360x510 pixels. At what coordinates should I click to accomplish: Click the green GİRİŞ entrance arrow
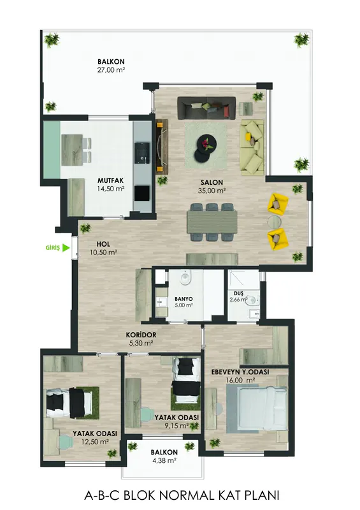click(x=66, y=248)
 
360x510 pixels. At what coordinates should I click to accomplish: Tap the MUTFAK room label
click(x=111, y=180)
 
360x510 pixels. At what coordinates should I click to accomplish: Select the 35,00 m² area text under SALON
click(x=212, y=191)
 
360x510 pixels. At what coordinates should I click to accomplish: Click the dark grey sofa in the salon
click(x=206, y=108)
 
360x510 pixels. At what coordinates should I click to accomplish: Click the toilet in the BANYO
click(x=185, y=279)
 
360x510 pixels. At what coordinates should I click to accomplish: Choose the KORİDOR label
click(x=141, y=335)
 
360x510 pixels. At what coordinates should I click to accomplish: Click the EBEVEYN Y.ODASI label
click(x=240, y=372)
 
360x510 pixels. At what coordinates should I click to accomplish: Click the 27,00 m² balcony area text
click(x=112, y=69)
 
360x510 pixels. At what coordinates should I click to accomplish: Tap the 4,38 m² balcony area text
click(x=164, y=460)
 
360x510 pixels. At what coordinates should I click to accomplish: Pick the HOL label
click(x=103, y=244)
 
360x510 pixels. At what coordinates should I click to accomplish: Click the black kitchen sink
click(x=143, y=152)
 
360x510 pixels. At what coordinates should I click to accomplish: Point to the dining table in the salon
click(x=212, y=222)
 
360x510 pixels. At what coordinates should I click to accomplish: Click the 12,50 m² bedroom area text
click(x=95, y=442)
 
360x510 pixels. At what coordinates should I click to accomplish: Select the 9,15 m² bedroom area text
click(x=176, y=425)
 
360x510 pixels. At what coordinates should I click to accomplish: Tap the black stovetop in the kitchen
click(x=142, y=193)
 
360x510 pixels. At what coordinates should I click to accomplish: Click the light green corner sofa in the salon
click(x=252, y=145)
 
